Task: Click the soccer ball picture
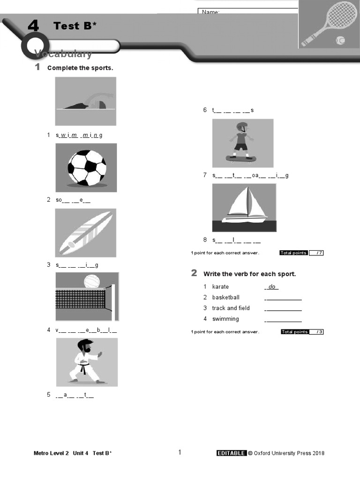[x=87, y=167]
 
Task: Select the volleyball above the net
[x=92, y=281]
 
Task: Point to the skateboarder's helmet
[x=242, y=127]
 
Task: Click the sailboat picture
[x=244, y=207]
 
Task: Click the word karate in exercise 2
[x=220, y=286]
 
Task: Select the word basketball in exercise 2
[x=225, y=297]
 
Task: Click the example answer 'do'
[x=272, y=286]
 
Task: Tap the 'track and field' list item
[x=231, y=308]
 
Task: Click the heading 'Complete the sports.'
[x=80, y=68]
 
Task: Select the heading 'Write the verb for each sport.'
[x=249, y=274]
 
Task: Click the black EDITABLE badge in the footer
[x=231, y=453]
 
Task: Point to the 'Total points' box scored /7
[x=301, y=253]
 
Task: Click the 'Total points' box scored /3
[x=302, y=332]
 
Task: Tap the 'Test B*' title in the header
[x=75, y=26]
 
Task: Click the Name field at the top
[x=248, y=12]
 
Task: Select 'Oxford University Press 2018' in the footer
[x=289, y=453]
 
